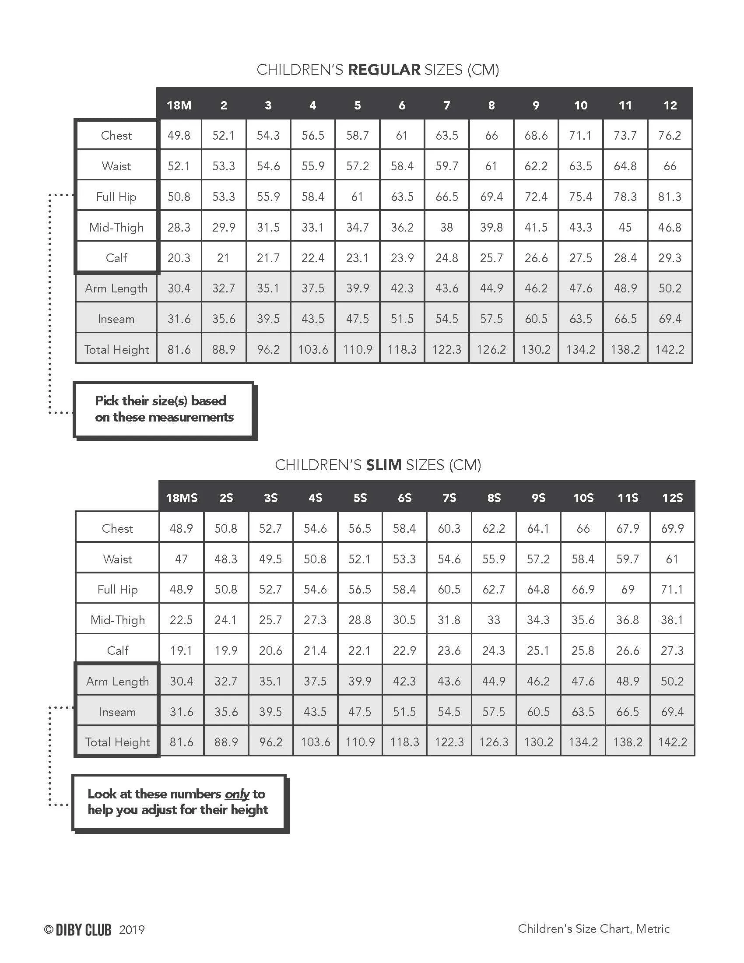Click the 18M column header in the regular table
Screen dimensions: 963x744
pyautogui.click(x=179, y=105)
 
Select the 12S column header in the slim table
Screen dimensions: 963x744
pyautogui.click(x=672, y=498)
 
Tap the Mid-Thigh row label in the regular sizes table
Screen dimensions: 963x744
pyautogui.click(x=116, y=227)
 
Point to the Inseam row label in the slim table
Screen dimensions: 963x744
pyautogui.click(x=117, y=712)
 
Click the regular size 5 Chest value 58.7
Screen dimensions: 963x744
pyautogui.click(x=358, y=135)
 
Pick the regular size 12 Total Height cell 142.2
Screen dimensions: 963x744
pyautogui.click(x=670, y=349)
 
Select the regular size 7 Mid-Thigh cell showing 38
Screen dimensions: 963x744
pyautogui.click(x=446, y=227)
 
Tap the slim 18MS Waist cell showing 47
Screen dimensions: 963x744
pyautogui.click(x=181, y=559)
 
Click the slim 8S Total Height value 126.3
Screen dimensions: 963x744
pyautogui.click(x=494, y=742)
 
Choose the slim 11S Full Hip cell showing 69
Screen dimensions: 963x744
pyautogui.click(x=628, y=590)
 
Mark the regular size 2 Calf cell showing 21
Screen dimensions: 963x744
pyautogui.click(x=224, y=257)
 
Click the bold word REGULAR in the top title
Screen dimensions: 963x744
pyautogui.click(x=384, y=70)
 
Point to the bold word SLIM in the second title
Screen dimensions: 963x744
pyautogui.click(x=383, y=465)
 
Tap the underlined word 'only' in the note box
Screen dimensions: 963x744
pyautogui.click(x=237, y=794)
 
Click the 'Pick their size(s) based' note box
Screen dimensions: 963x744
pyautogui.click(x=164, y=409)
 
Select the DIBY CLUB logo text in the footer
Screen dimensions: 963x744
pyautogui.click(x=83, y=930)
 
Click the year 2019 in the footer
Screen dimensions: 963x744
pyautogui.click(x=132, y=930)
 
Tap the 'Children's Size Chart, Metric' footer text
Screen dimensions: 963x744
pyautogui.click(x=593, y=928)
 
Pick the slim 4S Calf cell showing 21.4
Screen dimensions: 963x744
pyautogui.click(x=315, y=650)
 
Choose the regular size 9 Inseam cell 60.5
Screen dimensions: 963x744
pyautogui.click(x=536, y=319)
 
